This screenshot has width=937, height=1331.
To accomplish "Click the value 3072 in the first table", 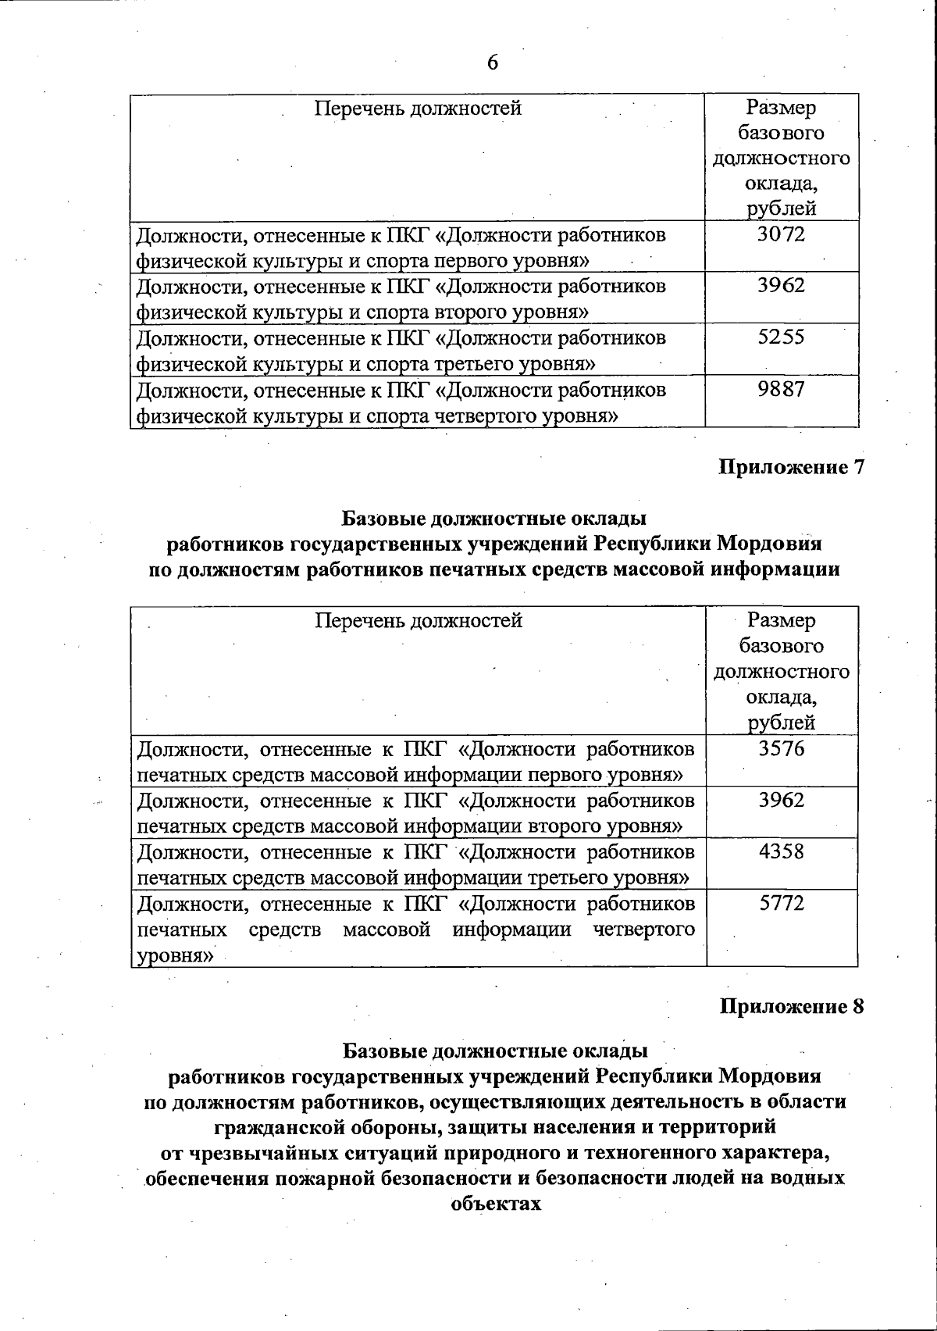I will pyautogui.click(x=781, y=234).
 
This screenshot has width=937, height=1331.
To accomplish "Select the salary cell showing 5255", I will pyautogui.click(x=781, y=337).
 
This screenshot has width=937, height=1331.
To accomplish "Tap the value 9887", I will pyautogui.click(x=781, y=389).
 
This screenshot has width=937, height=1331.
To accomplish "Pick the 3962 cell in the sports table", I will pyautogui.click(x=781, y=286).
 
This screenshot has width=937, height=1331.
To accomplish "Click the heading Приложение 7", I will pyautogui.click(x=791, y=467).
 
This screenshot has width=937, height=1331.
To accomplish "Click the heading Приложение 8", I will pyautogui.click(x=791, y=1006).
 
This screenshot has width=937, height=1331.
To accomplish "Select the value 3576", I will pyautogui.click(x=781, y=748).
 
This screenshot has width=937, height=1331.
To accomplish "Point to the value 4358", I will pyautogui.click(x=781, y=851).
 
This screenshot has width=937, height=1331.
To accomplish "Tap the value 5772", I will pyautogui.click(x=781, y=904).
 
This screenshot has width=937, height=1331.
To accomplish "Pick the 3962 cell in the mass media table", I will pyautogui.click(x=781, y=800).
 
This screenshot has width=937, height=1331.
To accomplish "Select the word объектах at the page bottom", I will pyautogui.click(x=496, y=1203).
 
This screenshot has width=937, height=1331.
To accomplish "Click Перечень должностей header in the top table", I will pyautogui.click(x=418, y=108).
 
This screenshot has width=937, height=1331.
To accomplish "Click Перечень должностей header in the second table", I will pyautogui.click(x=418, y=621).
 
